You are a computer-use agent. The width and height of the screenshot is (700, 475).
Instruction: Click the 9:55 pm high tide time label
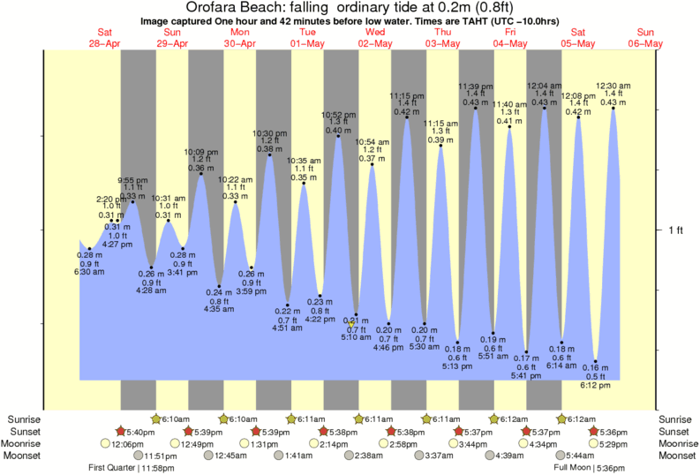point(132,179)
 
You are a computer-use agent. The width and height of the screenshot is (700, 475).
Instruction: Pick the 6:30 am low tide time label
point(78,271)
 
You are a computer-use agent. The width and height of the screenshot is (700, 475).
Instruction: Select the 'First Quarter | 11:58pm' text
point(132,468)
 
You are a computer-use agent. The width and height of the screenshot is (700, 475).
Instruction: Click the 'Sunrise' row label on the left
point(24,418)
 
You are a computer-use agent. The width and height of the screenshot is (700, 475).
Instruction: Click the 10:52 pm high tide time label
point(338,114)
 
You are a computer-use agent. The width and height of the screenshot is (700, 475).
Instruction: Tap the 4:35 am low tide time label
point(219,309)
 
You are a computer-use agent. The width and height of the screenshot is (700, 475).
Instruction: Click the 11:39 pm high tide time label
point(475,86)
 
